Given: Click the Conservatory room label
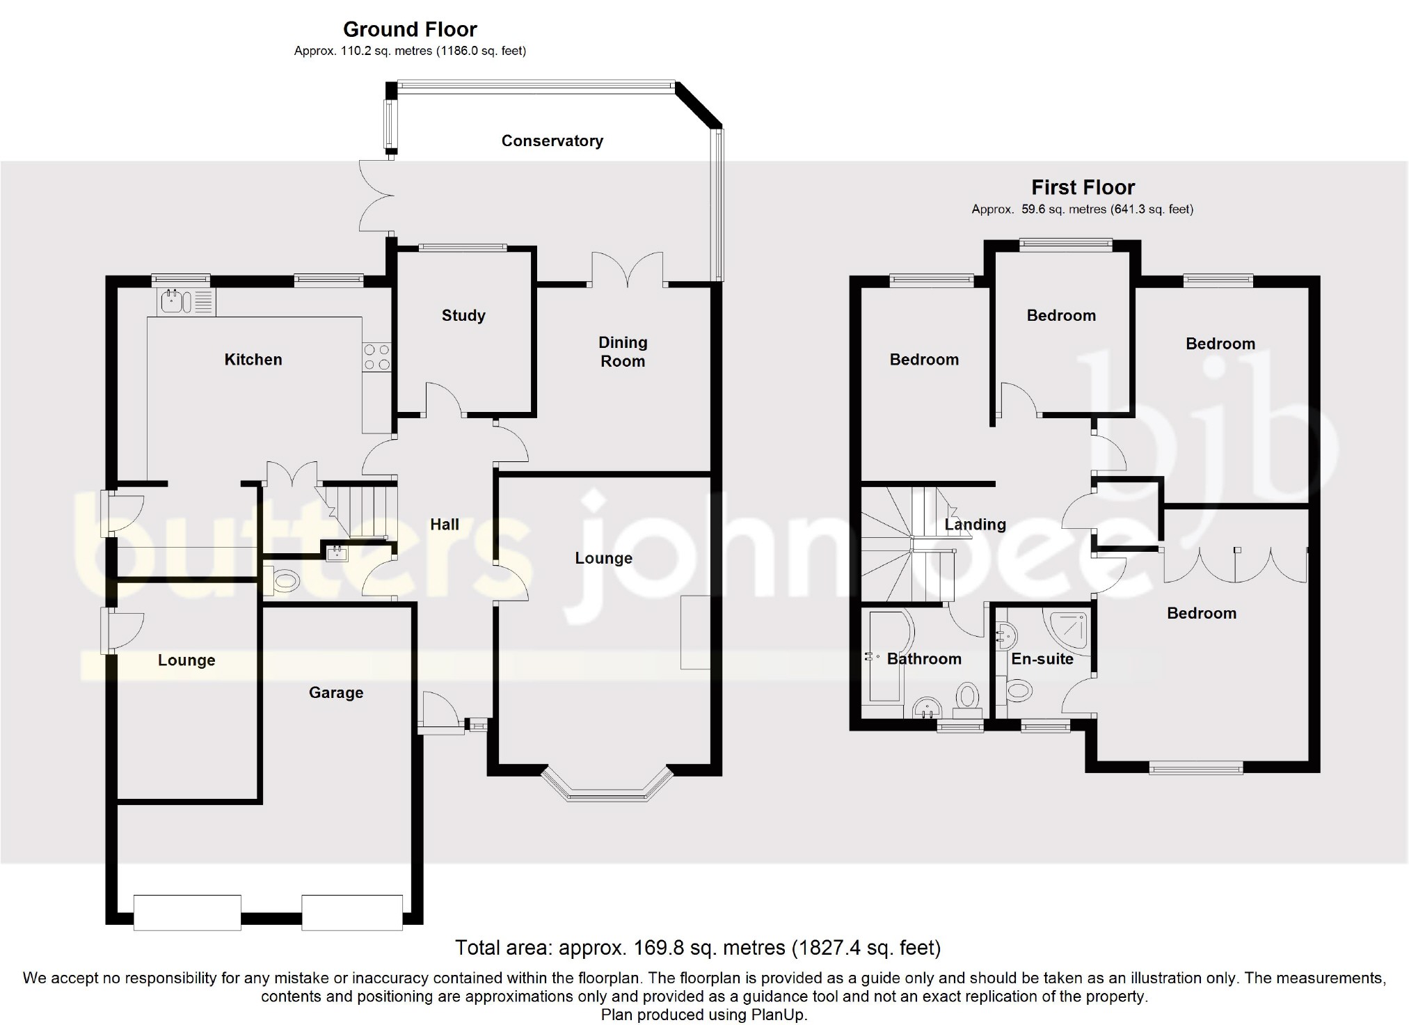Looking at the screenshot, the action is pyautogui.click(x=552, y=141).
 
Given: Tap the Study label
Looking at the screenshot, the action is pyautogui.click(x=463, y=315).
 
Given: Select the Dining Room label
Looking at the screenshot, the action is pyautogui.click(x=623, y=351).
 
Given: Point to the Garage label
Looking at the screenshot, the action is pyautogui.click(x=336, y=692).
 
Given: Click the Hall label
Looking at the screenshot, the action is pyautogui.click(x=445, y=524).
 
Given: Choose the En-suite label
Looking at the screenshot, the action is pyautogui.click(x=1042, y=658).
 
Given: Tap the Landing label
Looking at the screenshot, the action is pyautogui.click(x=975, y=524).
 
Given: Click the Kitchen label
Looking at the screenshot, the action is pyautogui.click(x=253, y=359).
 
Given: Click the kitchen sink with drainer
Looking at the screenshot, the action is pyautogui.click(x=186, y=302).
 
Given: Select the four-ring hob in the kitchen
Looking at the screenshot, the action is pyautogui.click(x=376, y=357).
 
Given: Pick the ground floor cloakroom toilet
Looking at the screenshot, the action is pyautogui.click(x=281, y=580).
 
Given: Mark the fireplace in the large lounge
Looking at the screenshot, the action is pyautogui.click(x=696, y=632).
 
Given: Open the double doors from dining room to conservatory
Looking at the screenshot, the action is pyautogui.click(x=628, y=270).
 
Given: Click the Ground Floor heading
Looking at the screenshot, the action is pyautogui.click(x=410, y=29).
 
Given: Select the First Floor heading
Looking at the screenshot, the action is pyautogui.click(x=1083, y=187).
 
